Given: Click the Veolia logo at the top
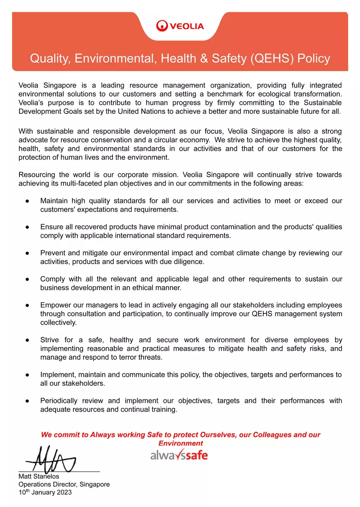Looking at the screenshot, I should point(180,26).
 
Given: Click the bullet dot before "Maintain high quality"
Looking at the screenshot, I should point(28,201).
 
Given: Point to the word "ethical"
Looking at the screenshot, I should point(144,288).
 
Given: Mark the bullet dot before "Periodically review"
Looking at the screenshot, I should point(28,401).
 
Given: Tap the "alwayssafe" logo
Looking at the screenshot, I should point(179,455).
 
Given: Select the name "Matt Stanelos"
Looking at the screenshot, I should point(39,476).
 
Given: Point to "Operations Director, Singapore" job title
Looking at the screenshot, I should point(64,484).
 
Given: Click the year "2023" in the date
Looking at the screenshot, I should point(64,492).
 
